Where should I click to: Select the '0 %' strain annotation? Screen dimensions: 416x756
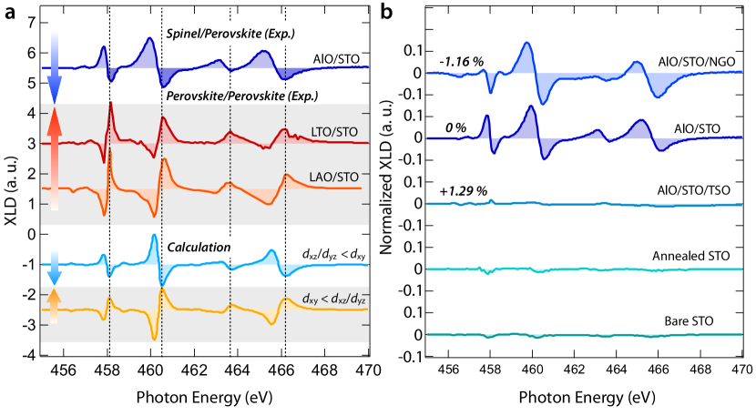pyautogui.click(x=455, y=127)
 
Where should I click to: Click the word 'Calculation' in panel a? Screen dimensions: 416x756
pyautogui.click(x=195, y=247)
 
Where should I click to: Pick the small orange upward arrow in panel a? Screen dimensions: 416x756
pyautogui.click(x=54, y=306)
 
